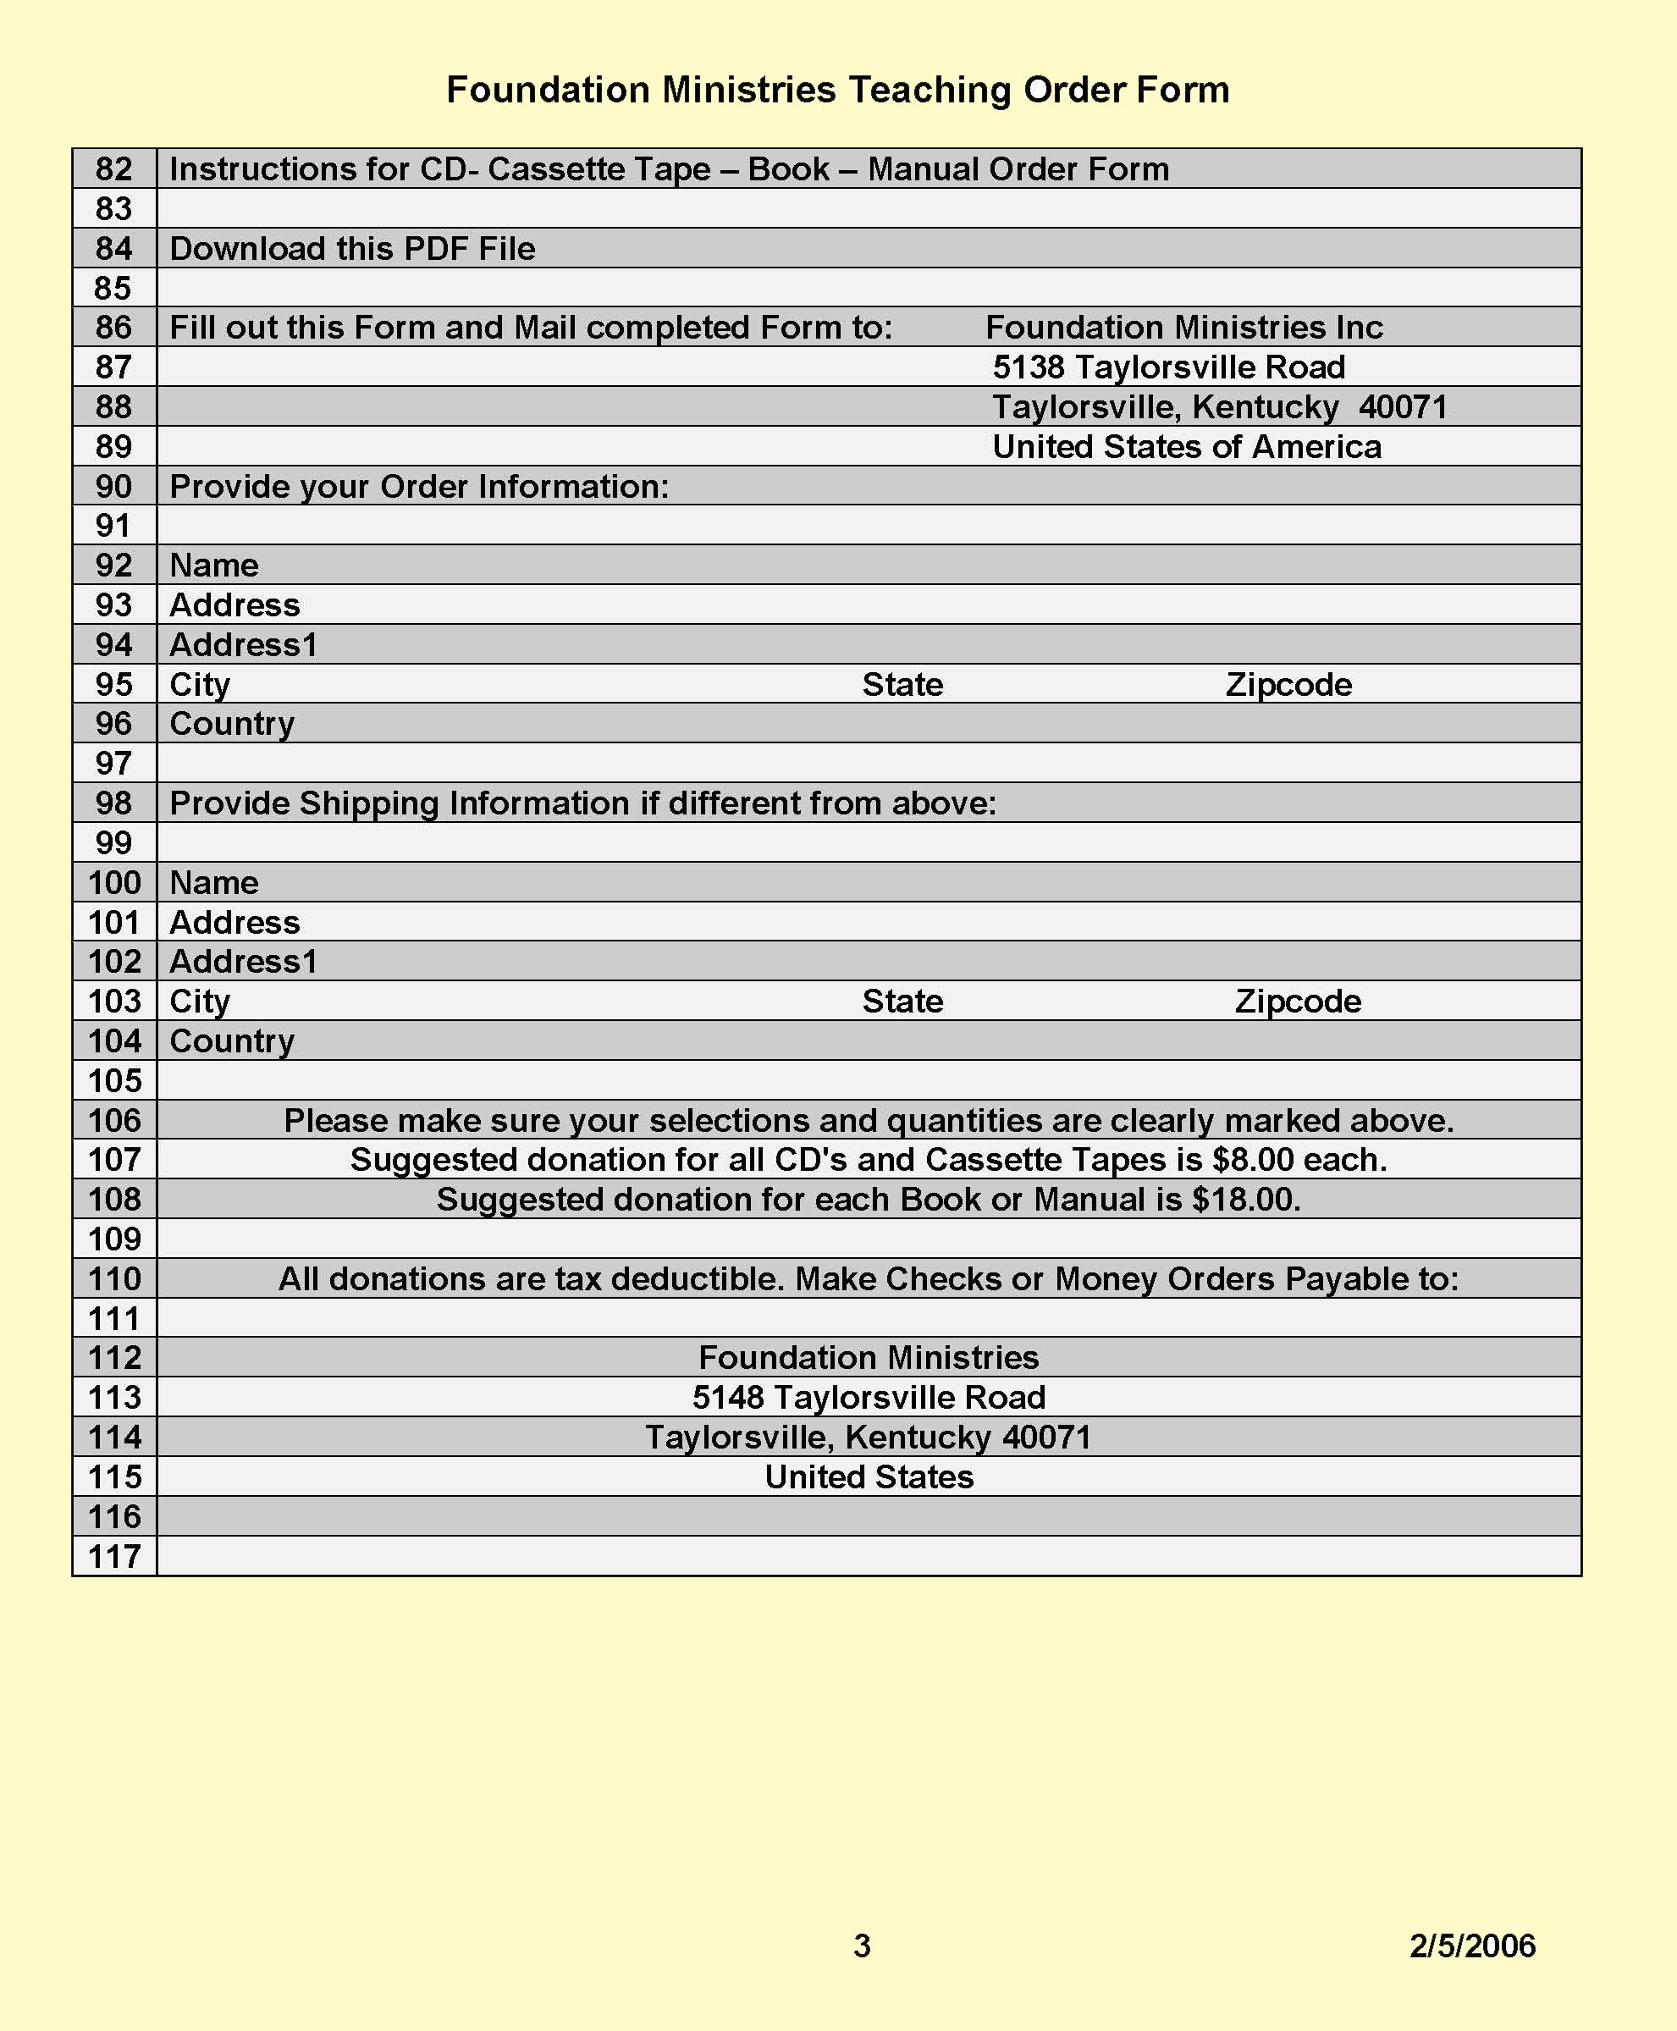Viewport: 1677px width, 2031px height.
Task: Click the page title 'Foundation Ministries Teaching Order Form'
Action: tap(837, 90)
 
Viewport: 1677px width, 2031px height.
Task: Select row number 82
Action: tap(114, 169)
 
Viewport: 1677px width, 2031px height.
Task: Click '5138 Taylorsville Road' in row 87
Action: tap(1169, 367)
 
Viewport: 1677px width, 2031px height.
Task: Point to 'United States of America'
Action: tap(1186, 446)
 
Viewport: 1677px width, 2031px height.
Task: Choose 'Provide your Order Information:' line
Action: tap(419, 486)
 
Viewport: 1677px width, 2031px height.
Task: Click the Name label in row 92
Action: tap(213, 566)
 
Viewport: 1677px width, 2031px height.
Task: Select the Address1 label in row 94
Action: tap(244, 644)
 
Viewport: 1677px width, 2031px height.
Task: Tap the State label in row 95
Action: tap(902, 684)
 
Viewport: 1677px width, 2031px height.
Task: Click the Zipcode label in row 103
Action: tap(1298, 1001)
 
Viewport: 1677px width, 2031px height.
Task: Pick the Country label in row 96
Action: tap(232, 724)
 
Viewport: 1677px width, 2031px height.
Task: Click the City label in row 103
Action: tap(200, 1001)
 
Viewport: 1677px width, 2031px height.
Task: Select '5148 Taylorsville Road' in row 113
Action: tap(869, 1397)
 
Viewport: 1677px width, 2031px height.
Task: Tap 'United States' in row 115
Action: tap(869, 1476)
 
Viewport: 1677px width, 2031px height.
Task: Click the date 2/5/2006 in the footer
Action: tap(1471, 1945)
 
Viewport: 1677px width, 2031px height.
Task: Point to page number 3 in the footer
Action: tap(862, 1945)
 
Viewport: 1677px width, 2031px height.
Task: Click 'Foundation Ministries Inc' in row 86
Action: tap(1183, 328)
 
